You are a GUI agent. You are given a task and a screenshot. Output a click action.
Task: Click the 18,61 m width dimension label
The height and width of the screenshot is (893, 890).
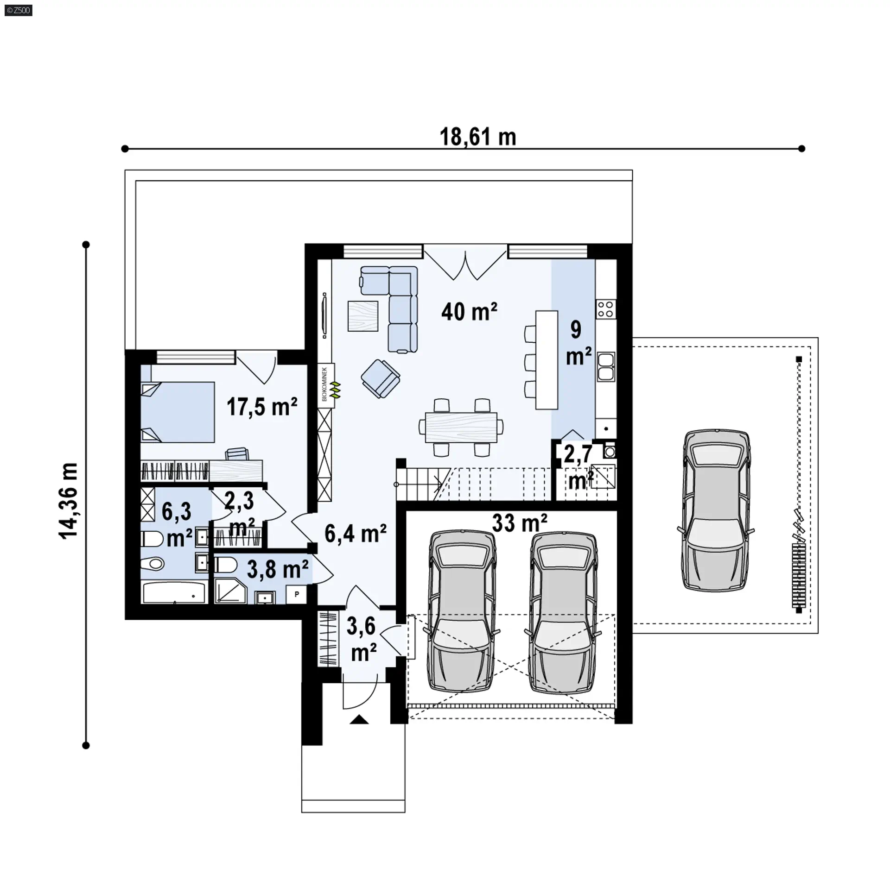[x=477, y=138]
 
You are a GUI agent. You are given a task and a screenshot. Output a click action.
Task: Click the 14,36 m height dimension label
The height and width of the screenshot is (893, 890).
[x=69, y=500]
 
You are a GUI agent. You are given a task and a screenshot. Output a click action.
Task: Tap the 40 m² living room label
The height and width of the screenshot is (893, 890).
[x=469, y=312]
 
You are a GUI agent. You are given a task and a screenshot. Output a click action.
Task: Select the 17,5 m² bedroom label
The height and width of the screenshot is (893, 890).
[x=262, y=407]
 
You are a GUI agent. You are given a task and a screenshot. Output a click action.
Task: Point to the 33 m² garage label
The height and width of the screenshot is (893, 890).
[x=520, y=523]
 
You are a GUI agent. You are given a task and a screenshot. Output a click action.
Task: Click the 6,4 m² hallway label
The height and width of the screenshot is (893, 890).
[x=356, y=534]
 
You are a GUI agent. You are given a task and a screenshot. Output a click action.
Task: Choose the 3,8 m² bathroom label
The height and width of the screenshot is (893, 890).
[x=278, y=569]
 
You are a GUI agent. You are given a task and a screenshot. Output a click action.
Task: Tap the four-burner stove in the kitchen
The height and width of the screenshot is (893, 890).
[x=606, y=309]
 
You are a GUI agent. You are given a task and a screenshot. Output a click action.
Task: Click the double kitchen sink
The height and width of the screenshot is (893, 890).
[x=606, y=367]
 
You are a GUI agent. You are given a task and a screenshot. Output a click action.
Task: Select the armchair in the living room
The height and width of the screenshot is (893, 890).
[x=381, y=378]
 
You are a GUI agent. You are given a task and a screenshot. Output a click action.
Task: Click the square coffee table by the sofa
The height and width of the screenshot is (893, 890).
[x=362, y=316]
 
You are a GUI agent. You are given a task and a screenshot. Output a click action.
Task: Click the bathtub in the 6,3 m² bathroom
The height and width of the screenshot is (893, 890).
[x=174, y=593]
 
